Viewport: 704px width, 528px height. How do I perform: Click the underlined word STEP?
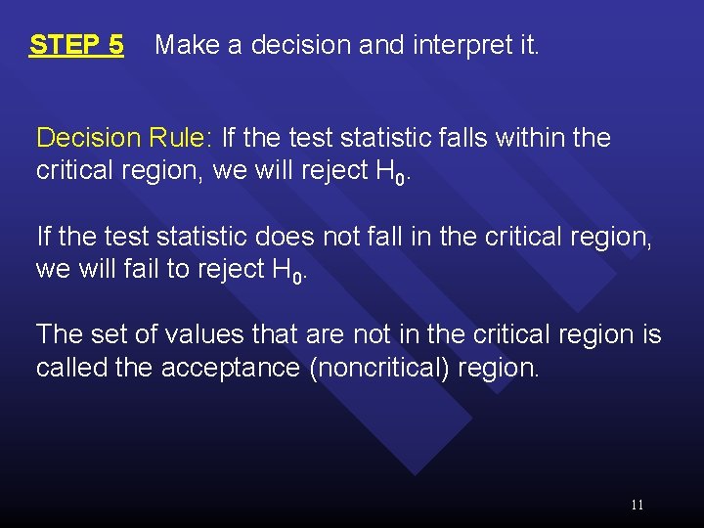coord(65,45)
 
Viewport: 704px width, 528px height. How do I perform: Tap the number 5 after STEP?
coord(115,45)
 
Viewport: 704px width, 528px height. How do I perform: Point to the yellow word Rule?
coord(184,138)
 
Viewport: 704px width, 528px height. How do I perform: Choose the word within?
coord(533,138)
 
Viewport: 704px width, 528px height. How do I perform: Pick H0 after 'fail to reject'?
coord(292,271)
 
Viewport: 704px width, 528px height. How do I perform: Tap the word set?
coord(110,334)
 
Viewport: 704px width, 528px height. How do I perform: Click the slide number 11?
coord(637,505)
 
